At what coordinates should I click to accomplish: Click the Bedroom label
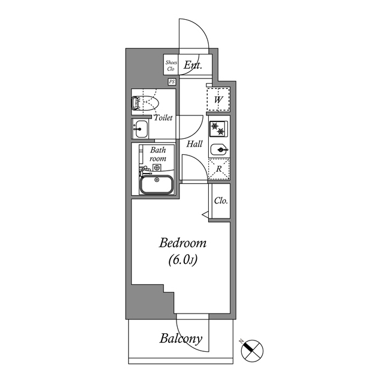coord(183,244)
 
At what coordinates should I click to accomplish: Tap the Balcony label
coord(181,339)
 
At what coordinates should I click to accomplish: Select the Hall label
coord(194,144)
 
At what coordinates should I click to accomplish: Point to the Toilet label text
coord(163,118)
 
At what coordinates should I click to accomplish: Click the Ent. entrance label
coord(193,65)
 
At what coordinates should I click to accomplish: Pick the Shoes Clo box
coord(171,65)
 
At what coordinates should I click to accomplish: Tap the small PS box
coord(172,81)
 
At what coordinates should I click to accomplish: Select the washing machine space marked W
coord(219,99)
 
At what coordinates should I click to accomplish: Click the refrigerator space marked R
coord(219,169)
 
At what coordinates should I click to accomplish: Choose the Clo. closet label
coord(221,200)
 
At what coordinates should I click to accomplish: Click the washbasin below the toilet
coord(141,128)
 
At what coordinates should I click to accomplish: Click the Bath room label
coord(158,154)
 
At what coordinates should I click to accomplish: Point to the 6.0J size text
coord(183,260)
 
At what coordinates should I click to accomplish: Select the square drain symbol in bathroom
coord(157,168)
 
